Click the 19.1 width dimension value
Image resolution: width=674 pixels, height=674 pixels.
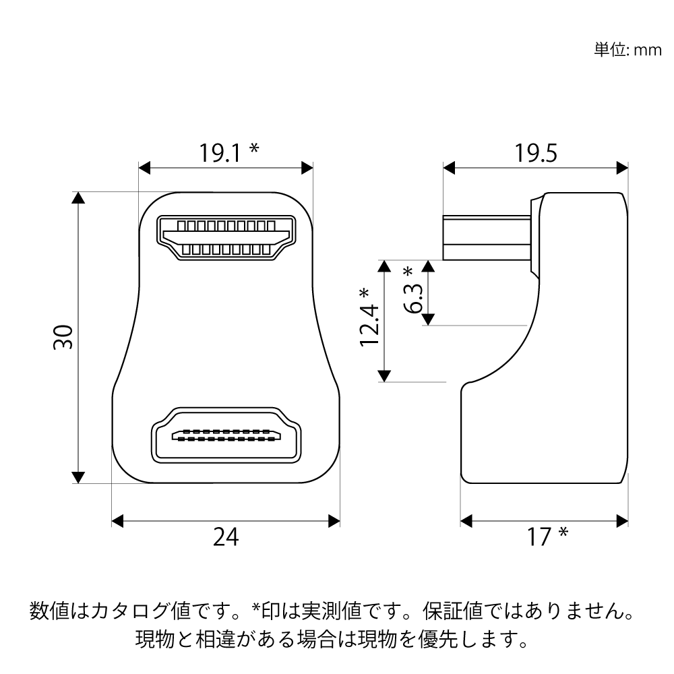tap(220, 153)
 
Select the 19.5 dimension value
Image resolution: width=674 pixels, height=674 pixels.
tap(536, 153)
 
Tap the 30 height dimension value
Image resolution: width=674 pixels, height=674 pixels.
tap(63, 338)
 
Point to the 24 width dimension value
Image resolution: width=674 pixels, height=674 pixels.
tap(226, 537)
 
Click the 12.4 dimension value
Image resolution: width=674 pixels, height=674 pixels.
tap(369, 325)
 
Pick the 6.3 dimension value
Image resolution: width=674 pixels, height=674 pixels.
tap(414, 299)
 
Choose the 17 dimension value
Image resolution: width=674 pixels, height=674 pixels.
tap(539, 537)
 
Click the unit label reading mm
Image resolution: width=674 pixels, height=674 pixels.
tap(648, 51)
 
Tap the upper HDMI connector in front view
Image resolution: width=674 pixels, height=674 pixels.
tap(226, 238)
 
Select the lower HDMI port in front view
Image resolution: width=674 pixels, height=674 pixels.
tap(226, 435)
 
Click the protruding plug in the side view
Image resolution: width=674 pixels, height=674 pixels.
tap(487, 238)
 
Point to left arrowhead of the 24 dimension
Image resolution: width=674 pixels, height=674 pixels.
tap(117, 521)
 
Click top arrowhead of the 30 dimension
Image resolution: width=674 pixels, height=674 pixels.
tap(78, 197)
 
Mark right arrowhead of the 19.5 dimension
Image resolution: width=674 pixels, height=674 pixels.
tap(622, 168)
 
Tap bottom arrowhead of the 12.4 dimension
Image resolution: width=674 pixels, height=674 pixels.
tap(384, 375)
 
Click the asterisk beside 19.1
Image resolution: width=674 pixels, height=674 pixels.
tap(255, 148)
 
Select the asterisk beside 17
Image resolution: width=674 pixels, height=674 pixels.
tap(563, 533)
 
